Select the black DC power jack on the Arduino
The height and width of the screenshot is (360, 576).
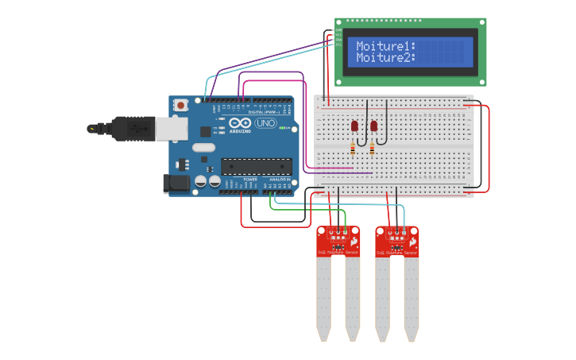177,184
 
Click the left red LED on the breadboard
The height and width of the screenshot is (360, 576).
354,126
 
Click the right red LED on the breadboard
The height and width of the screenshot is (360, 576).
373,126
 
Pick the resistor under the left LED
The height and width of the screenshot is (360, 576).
353,148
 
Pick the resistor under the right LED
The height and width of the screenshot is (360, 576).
372,149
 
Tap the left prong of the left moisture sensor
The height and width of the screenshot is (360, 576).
323,298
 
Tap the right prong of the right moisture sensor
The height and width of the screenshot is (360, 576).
411,298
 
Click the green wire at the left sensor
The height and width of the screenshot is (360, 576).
344,219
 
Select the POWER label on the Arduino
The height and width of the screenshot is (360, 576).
250,180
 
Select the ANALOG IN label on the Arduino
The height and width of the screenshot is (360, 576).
279,180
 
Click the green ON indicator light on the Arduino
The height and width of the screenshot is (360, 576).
282,127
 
